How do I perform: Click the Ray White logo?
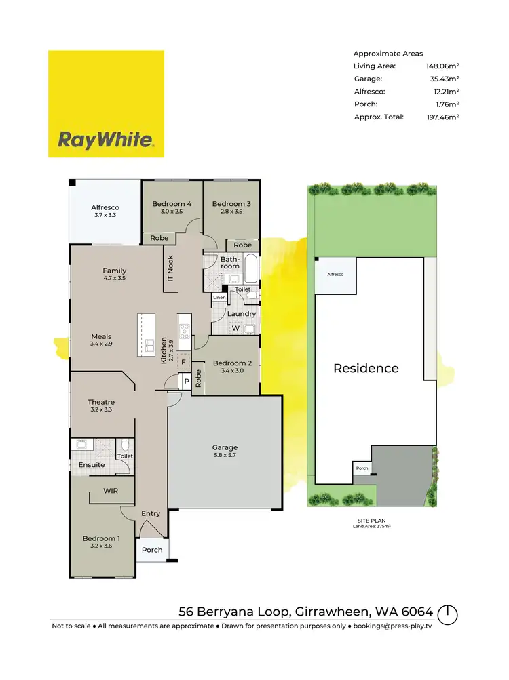pos(106,104)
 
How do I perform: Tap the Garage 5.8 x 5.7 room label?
pos(225,452)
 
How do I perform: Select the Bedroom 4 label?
pos(172,207)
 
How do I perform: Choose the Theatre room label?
pos(101,406)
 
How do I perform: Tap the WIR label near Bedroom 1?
pos(111,490)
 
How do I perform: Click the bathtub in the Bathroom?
pos(250,268)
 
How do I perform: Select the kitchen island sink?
pos(147,346)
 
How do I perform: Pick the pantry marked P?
pos(186,382)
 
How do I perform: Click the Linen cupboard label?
pos(219,298)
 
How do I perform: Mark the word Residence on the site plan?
pos(366,369)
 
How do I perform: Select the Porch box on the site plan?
pos(362,468)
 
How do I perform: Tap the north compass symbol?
pos(447,614)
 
